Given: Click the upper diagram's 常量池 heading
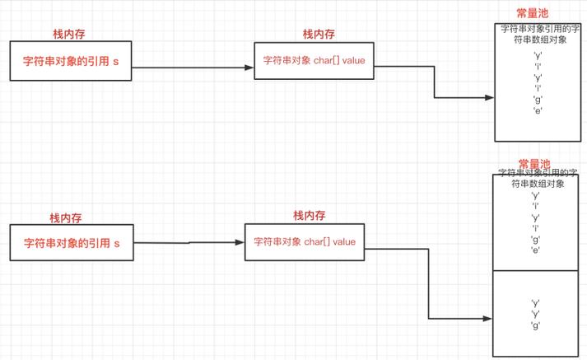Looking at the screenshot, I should pos(532,13).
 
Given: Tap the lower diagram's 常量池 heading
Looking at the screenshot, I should pos(533,164).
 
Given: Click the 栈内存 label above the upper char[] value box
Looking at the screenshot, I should pos(319,34).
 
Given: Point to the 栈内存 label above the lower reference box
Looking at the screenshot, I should pos(67,218).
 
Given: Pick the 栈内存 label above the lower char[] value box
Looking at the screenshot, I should pos(310,215).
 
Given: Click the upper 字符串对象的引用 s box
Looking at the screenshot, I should pos(71,63).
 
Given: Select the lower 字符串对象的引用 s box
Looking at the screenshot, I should pos(71,243).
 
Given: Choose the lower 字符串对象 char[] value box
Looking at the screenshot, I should pos(305,242).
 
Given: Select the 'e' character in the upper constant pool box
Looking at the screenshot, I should pos(537,110).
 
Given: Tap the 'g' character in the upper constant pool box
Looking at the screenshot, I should pos(537,99).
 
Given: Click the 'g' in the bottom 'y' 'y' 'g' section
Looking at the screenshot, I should pos(536,326).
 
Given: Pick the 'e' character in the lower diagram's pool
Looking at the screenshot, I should pos(535,250).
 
